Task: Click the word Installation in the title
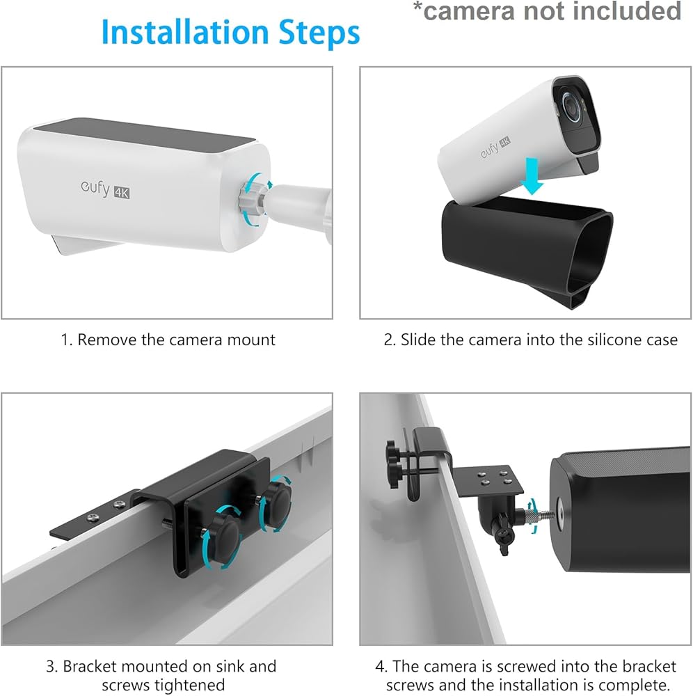[x=185, y=32]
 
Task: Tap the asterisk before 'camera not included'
[x=417, y=7]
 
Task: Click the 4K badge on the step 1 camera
[x=122, y=192]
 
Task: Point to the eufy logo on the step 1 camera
[x=95, y=188]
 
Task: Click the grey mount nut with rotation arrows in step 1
[x=251, y=200]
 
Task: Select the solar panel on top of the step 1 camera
[x=145, y=135]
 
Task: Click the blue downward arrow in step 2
[x=532, y=176]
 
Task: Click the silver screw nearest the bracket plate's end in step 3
[x=93, y=516]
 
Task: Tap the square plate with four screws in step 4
[x=488, y=480]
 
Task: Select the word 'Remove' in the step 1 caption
[x=107, y=340]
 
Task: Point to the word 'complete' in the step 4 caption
[x=633, y=685]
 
